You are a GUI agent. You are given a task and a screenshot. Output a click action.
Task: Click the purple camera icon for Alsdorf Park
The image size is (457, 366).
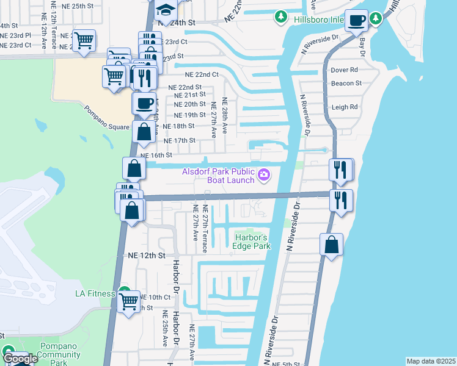264,176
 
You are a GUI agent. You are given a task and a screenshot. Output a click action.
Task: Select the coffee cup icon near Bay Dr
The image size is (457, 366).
357,20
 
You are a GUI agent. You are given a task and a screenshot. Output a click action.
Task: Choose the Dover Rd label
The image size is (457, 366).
344,70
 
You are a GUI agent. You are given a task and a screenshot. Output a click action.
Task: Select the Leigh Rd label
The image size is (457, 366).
344,107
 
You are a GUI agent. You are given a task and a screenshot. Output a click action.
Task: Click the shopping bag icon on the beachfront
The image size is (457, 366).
331,245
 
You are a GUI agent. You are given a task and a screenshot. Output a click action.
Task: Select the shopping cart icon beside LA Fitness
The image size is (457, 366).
128,301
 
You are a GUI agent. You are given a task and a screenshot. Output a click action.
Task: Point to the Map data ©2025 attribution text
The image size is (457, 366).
430,361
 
